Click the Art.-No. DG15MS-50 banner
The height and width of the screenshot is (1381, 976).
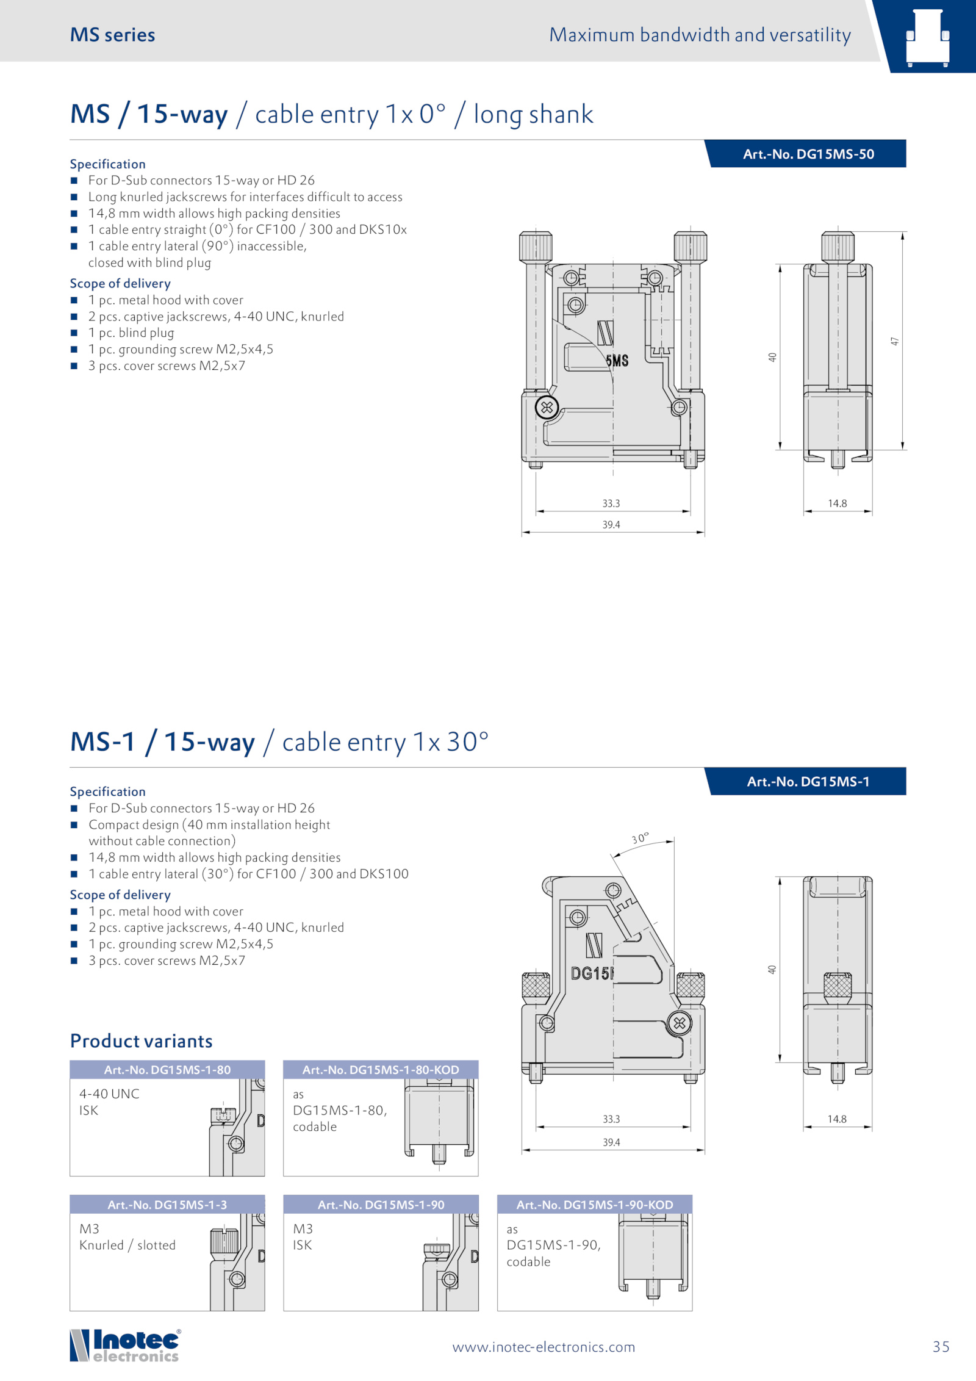(x=805, y=154)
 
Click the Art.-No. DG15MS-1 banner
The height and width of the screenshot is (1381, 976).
(x=805, y=781)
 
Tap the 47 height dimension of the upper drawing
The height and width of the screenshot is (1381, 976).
(x=895, y=341)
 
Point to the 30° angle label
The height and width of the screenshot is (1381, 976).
(x=640, y=838)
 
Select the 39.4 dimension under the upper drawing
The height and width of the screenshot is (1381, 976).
(x=611, y=525)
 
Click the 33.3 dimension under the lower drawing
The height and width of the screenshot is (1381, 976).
(x=611, y=1119)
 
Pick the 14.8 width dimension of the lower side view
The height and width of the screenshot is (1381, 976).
(x=837, y=1119)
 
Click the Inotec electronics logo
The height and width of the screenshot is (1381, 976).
(x=126, y=1345)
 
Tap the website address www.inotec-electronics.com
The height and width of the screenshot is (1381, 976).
(x=544, y=1347)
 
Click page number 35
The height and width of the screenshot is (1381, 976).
(x=941, y=1347)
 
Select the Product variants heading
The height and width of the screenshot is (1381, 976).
(x=142, y=1040)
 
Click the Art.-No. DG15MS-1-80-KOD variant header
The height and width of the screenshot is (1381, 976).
(x=381, y=1070)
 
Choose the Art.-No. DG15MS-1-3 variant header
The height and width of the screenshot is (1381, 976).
(x=167, y=1205)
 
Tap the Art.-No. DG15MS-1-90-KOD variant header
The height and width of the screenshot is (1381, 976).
(x=595, y=1205)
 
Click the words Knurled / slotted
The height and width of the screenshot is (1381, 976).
(x=127, y=1246)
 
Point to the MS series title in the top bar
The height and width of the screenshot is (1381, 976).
(x=113, y=35)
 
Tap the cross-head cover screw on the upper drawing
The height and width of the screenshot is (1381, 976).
(x=547, y=407)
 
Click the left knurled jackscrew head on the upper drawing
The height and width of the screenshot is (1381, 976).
(x=536, y=246)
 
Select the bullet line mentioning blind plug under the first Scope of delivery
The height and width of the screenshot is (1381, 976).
(x=131, y=333)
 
